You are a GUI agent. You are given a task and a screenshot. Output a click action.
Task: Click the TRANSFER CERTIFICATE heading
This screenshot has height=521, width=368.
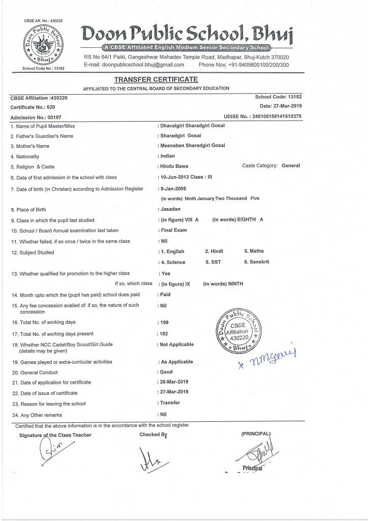(x=156, y=79)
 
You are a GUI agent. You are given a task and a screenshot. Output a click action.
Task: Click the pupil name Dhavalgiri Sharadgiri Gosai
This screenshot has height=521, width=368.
(x=193, y=126)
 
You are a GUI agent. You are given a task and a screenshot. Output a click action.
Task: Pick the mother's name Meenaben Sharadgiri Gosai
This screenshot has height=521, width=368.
(x=193, y=146)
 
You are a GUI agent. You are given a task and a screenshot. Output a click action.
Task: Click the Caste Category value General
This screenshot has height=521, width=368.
(x=290, y=166)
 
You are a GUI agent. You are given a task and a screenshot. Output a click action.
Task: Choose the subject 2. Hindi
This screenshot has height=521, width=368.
(x=214, y=251)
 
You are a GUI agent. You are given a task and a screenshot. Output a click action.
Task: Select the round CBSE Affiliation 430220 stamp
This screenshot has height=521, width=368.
(x=238, y=332)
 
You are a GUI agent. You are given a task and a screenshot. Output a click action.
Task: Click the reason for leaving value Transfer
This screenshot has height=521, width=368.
(x=170, y=403)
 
